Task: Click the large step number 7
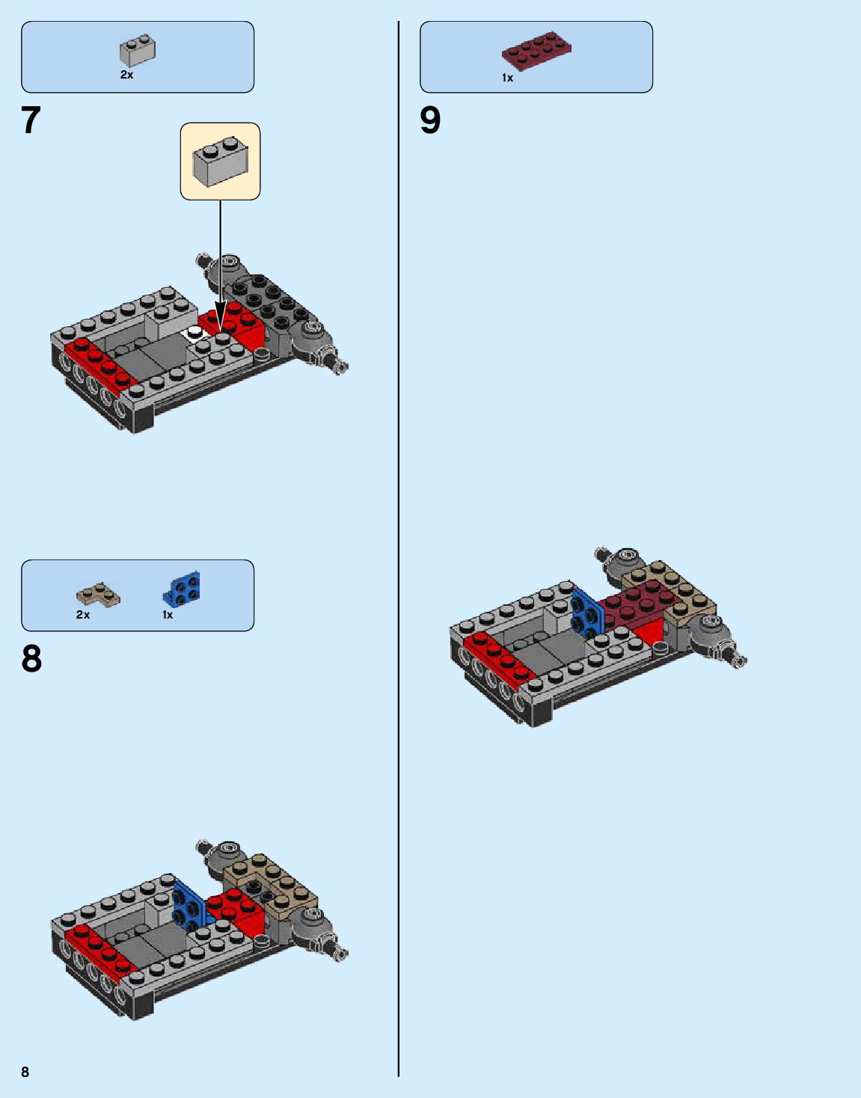pos(31,120)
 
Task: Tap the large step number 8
pos(31,659)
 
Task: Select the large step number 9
pos(430,120)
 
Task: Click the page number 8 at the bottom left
pos(25,1072)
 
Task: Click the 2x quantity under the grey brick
pos(126,75)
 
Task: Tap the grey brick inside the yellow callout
pos(219,161)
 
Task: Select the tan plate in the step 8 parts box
pos(98,595)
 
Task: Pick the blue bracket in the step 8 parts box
pos(182,589)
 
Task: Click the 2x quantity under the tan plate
pos(82,615)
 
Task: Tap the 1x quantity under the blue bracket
pos(167,615)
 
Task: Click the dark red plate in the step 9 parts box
pos(536,50)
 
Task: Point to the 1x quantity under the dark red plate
pos(507,78)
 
